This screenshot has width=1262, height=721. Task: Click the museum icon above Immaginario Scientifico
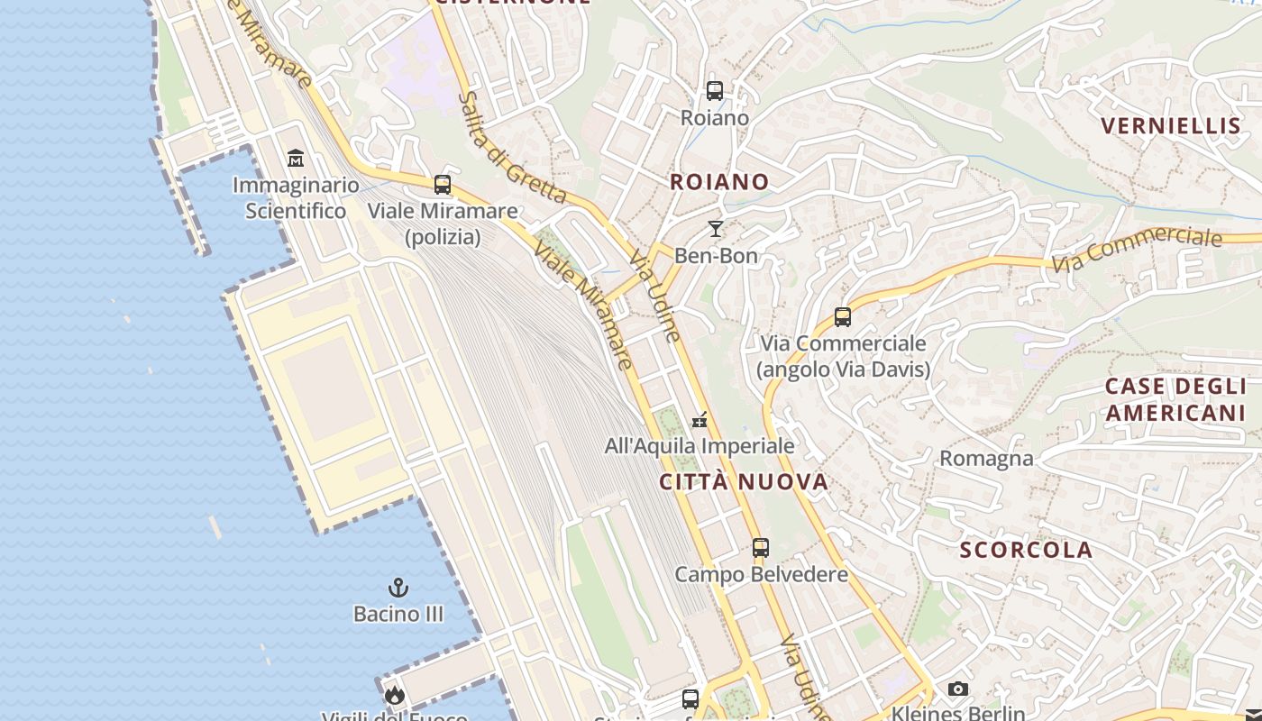click(x=295, y=159)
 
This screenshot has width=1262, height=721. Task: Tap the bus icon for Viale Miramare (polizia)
click(x=443, y=185)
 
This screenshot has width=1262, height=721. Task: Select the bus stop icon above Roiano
click(x=715, y=91)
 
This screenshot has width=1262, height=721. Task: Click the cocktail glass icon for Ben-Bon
click(x=716, y=229)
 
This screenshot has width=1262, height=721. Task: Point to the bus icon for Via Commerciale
click(x=843, y=317)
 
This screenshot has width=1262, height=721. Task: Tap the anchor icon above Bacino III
click(x=398, y=589)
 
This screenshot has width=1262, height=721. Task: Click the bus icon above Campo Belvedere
click(x=761, y=548)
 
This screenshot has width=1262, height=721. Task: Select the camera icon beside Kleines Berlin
click(x=958, y=689)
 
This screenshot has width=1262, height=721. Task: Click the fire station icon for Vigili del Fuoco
click(x=394, y=695)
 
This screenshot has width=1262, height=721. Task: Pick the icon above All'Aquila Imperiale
click(x=700, y=420)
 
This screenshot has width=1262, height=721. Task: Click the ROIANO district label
click(x=719, y=182)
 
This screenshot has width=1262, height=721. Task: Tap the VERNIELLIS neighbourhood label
click(x=1171, y=126)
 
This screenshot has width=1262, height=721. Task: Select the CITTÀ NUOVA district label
click(x=744, y=482)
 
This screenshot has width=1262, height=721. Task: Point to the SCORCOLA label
click(x=1026, y=550)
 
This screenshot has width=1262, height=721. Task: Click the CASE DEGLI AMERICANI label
click(x=1175, y=399)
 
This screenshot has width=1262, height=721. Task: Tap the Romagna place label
click(x=986, y=459)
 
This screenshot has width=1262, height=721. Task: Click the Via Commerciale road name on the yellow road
click(x=1137, y=248)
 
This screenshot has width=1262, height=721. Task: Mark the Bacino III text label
click(x=398, y=615)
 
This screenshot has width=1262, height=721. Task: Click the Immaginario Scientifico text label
click(x=296, y=198)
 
